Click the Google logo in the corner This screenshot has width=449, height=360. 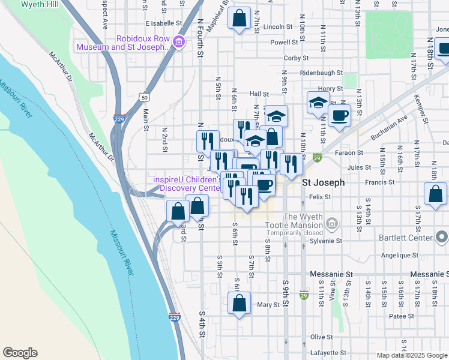point(20,353)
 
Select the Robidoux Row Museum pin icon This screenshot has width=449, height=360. point(178,42)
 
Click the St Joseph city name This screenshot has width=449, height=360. point(323,182)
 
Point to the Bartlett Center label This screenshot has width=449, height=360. point(405,238)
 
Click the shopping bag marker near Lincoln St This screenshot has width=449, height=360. point(239,19)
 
